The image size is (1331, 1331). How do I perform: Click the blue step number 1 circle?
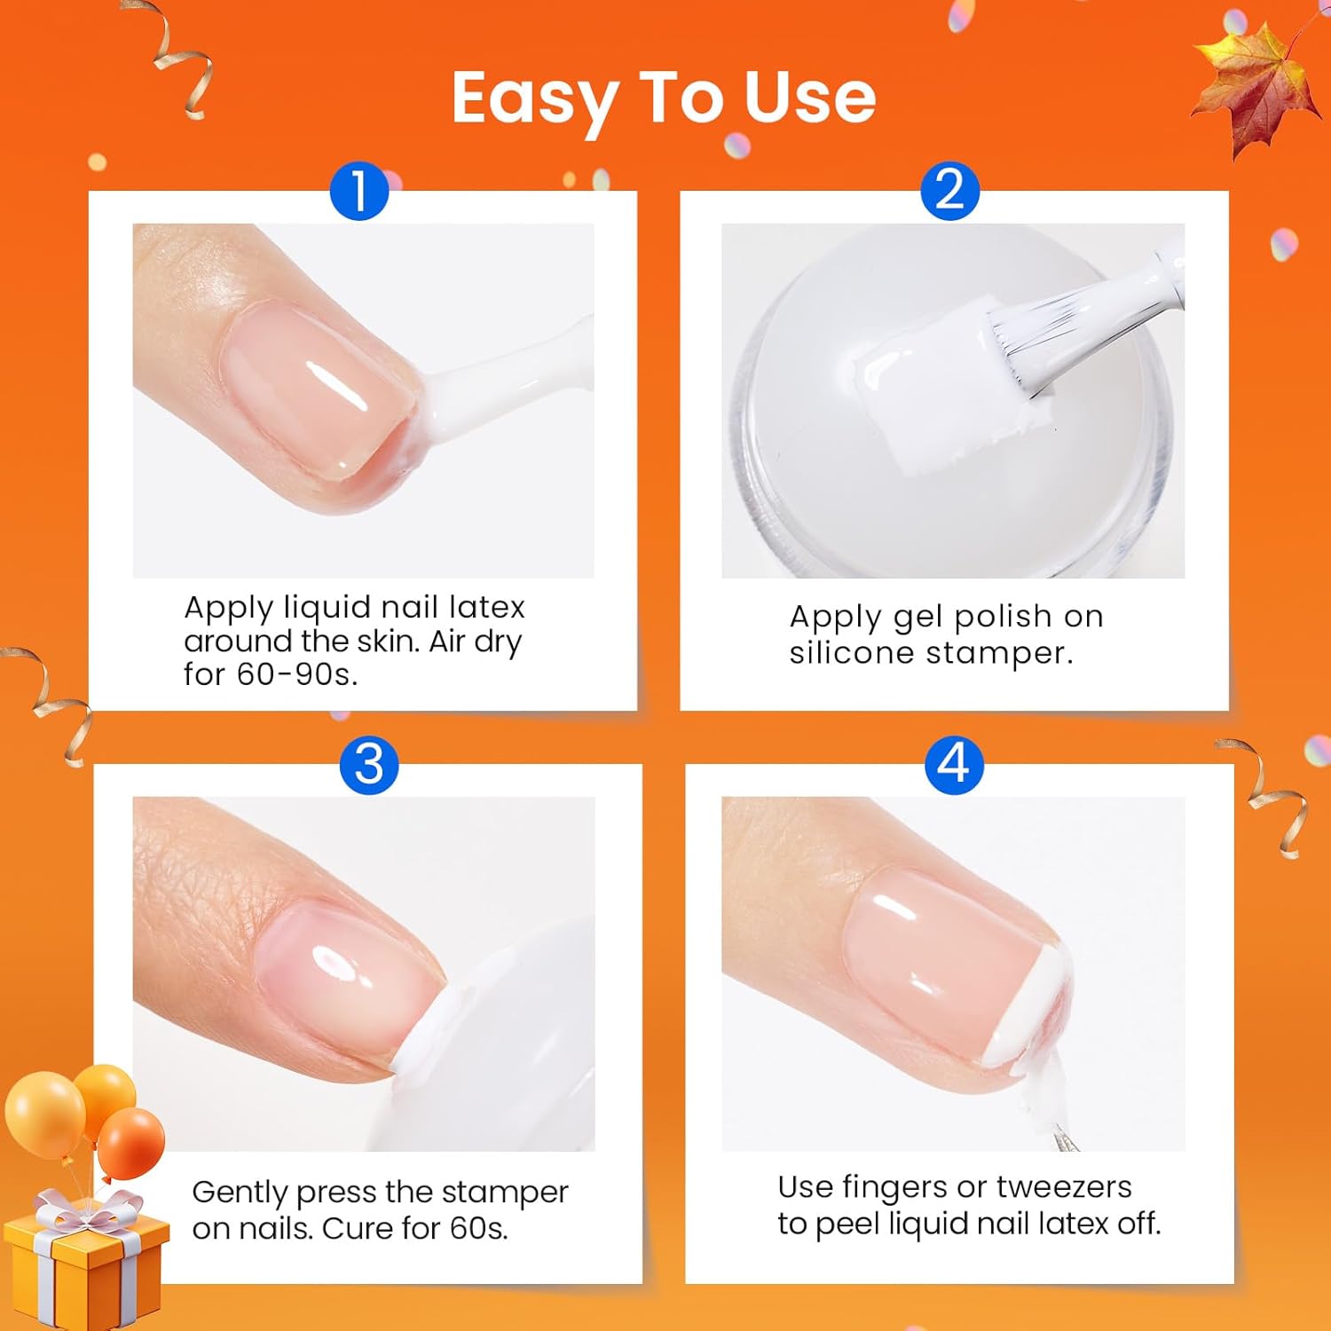pyautogui.click(x=359, y=191)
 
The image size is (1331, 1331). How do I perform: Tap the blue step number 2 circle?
pyautogui.click(x=949, y=191)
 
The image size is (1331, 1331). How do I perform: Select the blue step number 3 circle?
pyautogui.click(x=369, y=764)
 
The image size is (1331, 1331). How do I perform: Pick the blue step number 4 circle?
pyautogui.click(x=954, y=764)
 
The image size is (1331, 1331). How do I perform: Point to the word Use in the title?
pyautogui.click(x=809, y=98)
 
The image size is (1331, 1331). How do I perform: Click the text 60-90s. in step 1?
pyautogui.click(x=296, y=674)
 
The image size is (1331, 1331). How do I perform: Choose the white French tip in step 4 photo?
pyautogui.click(x=1029, y=1003)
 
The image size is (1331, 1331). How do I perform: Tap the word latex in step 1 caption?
pyautogui.click(x=487, y=607)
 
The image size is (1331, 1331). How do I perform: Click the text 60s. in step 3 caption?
pyautogui.click(x=478, y=1229)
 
